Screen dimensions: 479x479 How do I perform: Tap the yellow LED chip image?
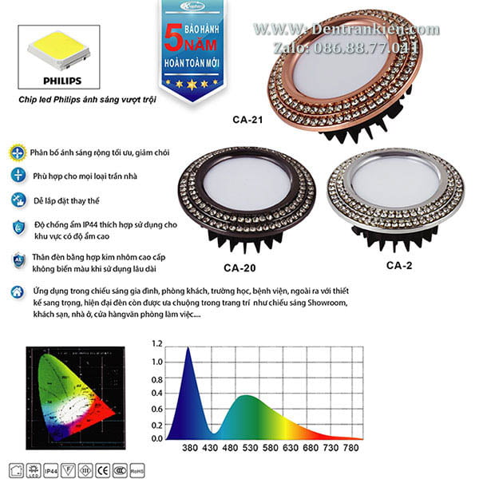coord(61,50)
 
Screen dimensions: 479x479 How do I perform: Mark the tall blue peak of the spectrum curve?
coord(188,351)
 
